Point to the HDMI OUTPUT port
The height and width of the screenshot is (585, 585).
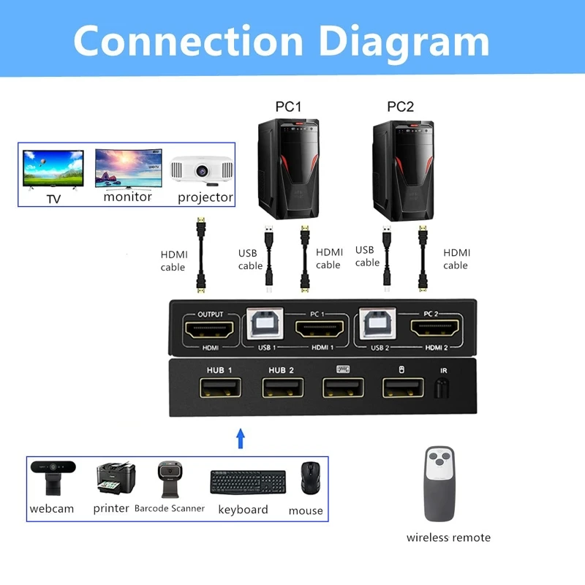[211, 329]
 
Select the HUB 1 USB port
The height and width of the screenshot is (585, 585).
[218, 387]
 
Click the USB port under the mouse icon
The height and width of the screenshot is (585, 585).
[401, 387]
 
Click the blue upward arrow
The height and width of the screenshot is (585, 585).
[240, 439]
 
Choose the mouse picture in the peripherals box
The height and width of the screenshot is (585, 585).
[310, 480]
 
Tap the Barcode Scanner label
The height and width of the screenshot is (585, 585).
[169, 508]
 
